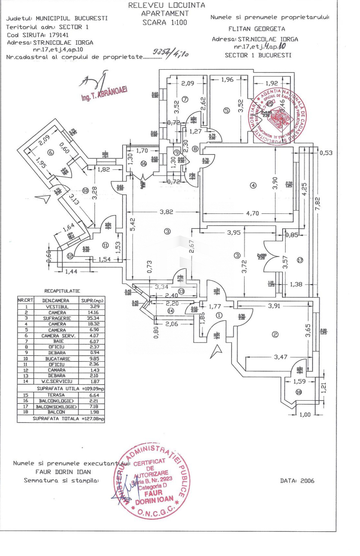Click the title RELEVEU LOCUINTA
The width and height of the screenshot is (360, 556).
point(167,5)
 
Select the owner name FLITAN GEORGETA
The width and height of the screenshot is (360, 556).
point(257,29)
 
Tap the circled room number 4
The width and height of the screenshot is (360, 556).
point(253,185)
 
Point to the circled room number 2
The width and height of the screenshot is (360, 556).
point(275,334)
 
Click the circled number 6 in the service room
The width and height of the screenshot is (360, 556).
point(50,152)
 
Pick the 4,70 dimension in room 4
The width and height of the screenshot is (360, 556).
point(252,213)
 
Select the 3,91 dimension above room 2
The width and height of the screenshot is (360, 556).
point(274,306)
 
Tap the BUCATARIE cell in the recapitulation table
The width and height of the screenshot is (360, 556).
point(57,359)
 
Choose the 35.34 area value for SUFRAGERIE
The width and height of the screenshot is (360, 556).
point(93,318)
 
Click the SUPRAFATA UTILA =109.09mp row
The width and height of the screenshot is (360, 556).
point(70,388)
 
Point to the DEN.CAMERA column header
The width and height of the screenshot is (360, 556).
point(56,300)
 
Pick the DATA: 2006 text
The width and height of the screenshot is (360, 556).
point(297,481)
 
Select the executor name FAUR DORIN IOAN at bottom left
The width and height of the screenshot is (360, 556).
point(63,472)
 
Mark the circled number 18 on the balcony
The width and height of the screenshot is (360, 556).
point(299,392)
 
